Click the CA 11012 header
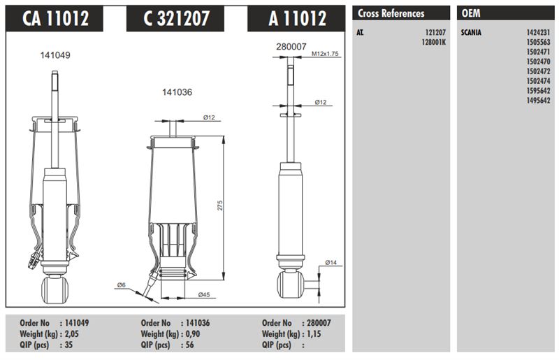point(55,18)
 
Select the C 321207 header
point(176,18)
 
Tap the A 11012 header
point(298,18)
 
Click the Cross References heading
point(391,13)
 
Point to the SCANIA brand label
point(471,32)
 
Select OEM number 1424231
point(538,32)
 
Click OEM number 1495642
point(538,101)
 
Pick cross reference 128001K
point(433,42)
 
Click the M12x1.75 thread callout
point(325,54)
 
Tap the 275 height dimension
point(219,205)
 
